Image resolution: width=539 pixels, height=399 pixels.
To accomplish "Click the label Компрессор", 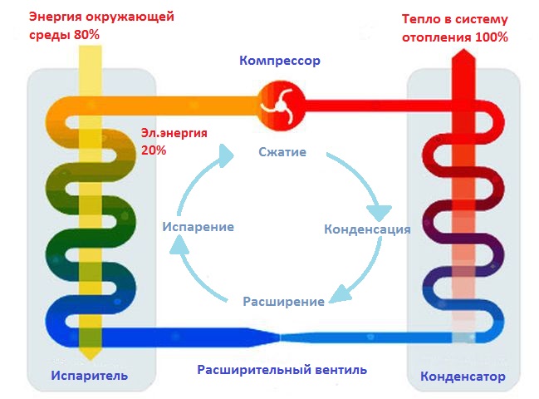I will point(279,61).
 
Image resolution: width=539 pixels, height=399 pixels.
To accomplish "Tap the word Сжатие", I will point(282,152).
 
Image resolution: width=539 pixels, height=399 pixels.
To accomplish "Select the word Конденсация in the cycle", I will point(366,229).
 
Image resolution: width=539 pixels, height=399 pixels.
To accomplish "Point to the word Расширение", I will point(283,301).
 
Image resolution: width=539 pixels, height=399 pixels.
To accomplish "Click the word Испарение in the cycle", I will point(197,226).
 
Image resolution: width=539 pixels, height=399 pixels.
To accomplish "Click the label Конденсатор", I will point(463,376).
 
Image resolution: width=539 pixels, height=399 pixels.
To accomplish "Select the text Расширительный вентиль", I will point(282,370).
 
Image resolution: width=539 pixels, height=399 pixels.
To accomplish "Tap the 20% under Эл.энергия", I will point(154,150).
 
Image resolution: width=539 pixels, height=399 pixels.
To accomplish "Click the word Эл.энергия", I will point(174,133).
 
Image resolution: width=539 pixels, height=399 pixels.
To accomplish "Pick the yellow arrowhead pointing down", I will point(89,352).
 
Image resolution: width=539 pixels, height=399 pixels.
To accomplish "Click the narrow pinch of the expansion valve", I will point(282,337).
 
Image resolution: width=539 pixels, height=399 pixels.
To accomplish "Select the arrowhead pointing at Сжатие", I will point(226,152).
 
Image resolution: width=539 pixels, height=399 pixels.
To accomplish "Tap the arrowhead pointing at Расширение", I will point(336,294).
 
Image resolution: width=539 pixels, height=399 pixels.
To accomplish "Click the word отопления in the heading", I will point(434,37).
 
